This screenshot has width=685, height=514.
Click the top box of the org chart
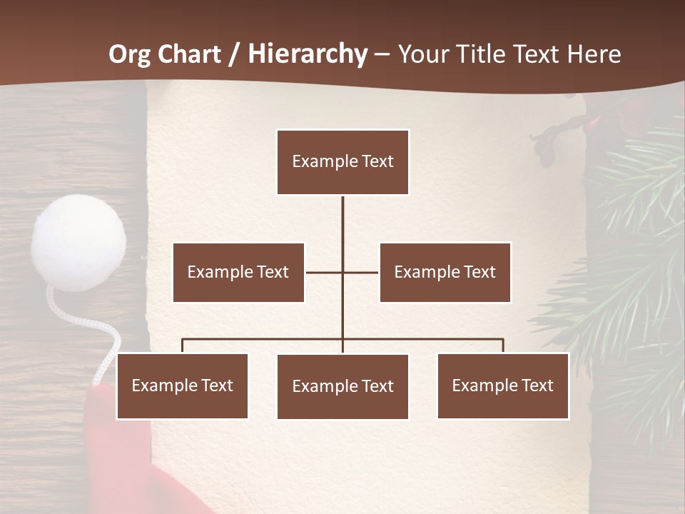(x=342, y=162)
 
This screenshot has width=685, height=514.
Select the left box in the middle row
(x=238, y=272)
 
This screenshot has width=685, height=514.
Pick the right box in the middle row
(x=445, y=272)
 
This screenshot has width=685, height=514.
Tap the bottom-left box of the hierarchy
(x=182, y=385)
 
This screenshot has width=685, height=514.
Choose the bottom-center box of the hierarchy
(x=342, y=386)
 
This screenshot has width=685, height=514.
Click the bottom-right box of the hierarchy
(x=502, y=385)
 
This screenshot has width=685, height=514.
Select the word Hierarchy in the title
(x=308, y=54)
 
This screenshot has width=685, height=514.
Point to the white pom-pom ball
(x=78, y=241)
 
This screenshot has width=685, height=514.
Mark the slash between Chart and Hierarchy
(x=234, y=55)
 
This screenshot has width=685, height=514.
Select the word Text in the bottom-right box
(x=536, y=385)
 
